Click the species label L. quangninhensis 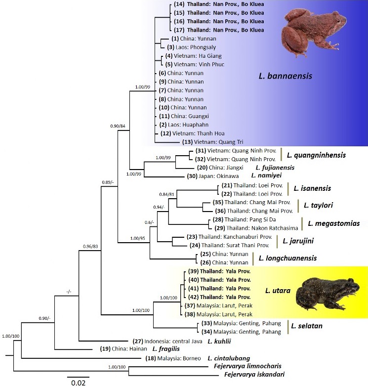(316, 155)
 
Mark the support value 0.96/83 (91, 246)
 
